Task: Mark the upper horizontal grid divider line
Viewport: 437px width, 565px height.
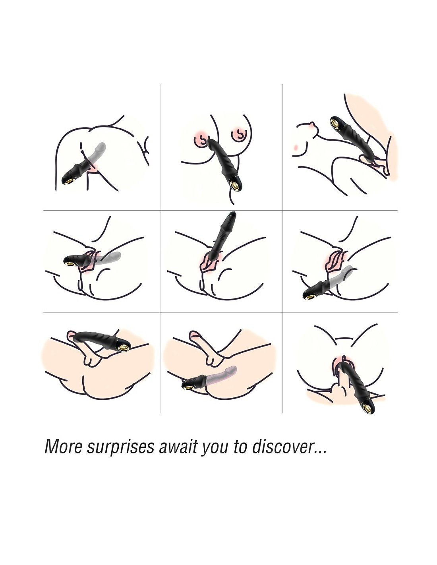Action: (x=220, y=210)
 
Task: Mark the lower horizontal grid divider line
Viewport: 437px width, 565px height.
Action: (x=220, y=312)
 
